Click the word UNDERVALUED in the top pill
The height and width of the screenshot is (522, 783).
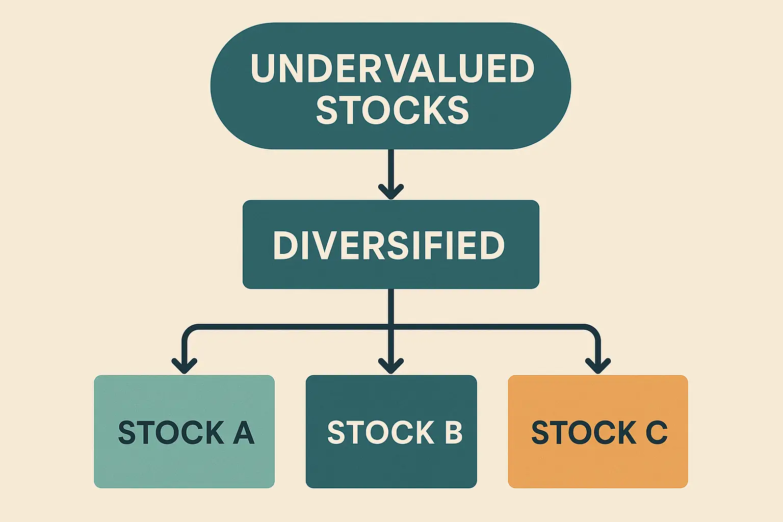tap(393, 68)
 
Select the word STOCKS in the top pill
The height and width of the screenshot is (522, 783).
tap(392, 110)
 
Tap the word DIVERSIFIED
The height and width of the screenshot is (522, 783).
tap(389, 245)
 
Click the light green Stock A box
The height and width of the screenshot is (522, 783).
tap(184, 431)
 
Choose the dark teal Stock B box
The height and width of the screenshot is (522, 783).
tap(391, 431)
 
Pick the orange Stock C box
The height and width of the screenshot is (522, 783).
tap(598, 431)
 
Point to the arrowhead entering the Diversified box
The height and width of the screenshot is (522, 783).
tap(391, 192)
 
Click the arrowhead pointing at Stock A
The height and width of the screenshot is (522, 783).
tap(184, 366)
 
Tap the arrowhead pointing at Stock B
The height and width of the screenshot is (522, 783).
tap(391, 366)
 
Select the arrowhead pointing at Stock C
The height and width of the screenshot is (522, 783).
tap(598, 366)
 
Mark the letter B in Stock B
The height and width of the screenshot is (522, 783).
tap(453, 432)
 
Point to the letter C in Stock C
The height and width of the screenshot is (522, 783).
tap(657, 432)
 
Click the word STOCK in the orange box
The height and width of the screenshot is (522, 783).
tap(584, 432)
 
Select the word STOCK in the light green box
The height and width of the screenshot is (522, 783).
tap(171, 432)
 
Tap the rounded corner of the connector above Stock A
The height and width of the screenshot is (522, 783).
tap(189, 331)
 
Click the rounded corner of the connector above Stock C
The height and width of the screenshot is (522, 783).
tap(593, 331)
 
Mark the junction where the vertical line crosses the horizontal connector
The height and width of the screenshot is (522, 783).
tap(391, 327)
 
